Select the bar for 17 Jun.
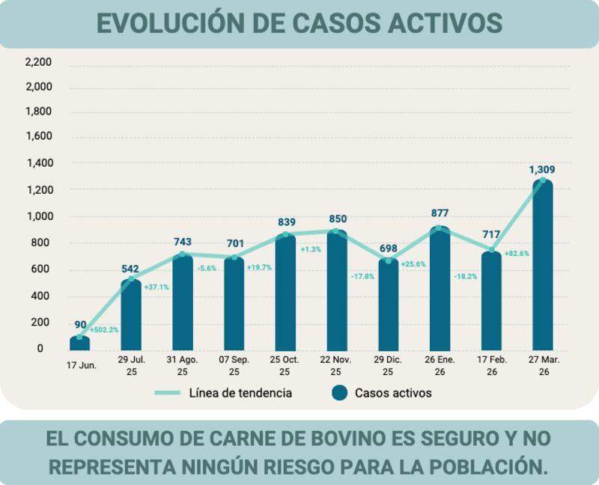coord(80,344)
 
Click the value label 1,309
coord(542,170)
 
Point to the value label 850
coord(337,219)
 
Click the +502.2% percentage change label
coord(104,329)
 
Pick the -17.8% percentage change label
coord(362,276)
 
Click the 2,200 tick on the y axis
coord(38,62)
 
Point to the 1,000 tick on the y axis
coord(38,216)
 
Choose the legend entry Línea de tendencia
coord(240,393)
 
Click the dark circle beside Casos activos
coord(339,393)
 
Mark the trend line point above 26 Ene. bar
coord(440,229)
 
